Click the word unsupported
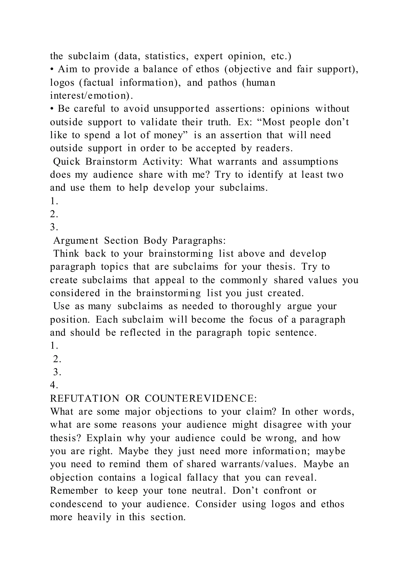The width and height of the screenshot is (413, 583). [181, 109]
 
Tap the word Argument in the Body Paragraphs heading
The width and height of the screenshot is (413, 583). [76, 240]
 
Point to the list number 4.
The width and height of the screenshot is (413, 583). [54, 385]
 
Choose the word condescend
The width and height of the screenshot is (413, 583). [76, 504]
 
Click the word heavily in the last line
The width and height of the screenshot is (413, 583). [94, 517]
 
